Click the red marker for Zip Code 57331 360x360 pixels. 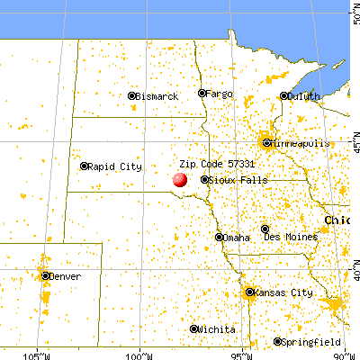tap(180, 178)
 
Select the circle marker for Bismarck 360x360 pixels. tap(132, 95)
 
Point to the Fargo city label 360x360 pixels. tap(220, 94)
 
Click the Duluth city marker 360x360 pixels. tap(283, 95)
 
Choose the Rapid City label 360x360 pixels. tap(115, 166)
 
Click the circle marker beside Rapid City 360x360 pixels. tap(85, 166)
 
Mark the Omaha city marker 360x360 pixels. tap(220, 237)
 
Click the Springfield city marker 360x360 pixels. tap(278, 342)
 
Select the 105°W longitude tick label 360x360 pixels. tap(37, 354)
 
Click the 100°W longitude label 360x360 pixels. tap(139, 354)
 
